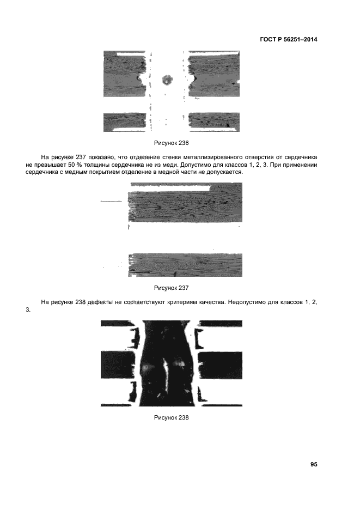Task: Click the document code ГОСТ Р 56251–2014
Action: [286, 39]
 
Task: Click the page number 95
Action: [314, 464]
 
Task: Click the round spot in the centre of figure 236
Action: [166, 80]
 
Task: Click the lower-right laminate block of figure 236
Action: [213, 122]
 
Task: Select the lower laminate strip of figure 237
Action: [185, 265]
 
